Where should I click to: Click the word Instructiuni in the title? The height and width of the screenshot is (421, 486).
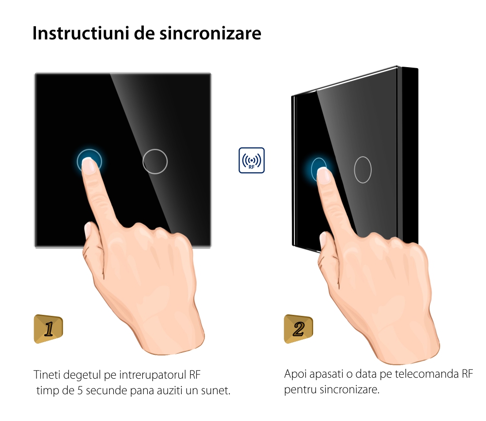point(81,33)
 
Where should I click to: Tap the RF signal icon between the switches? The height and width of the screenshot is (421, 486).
point(251,160)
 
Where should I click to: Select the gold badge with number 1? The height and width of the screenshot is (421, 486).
point(48,329)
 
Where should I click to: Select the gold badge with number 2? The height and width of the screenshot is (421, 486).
point(298,329)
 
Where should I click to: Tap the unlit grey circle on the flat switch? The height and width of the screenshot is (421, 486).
point(155,162)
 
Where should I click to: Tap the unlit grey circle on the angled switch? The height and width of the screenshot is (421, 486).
point(363,170)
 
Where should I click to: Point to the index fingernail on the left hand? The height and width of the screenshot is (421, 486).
point(89,165)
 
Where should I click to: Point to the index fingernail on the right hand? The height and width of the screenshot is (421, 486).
point(324,176)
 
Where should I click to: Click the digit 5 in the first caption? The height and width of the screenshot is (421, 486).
point(80,390)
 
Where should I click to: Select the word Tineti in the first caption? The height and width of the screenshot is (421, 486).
point(47,375)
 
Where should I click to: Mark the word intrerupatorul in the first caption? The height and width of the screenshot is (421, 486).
point(153,375)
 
